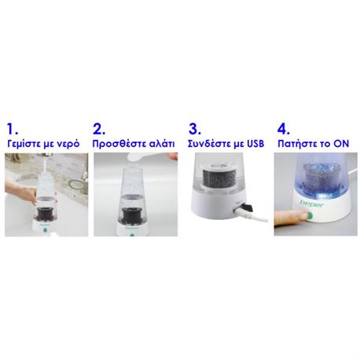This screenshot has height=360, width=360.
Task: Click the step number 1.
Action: click(12, 129)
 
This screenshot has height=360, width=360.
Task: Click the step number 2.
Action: click(99, 129)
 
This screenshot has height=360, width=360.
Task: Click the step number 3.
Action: click(195, 129)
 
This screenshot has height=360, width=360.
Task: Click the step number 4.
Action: click(284, 129)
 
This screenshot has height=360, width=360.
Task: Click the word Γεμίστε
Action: click(24, 144)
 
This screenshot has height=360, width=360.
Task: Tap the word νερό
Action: click(69, 145)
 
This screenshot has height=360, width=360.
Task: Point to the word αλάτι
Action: click(162, 144)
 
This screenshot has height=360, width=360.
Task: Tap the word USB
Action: click(255, 144)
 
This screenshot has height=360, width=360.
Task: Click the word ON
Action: click(341, 144)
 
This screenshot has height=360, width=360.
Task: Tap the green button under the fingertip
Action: click(310, 215)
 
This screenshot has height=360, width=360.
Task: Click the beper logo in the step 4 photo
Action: click(312, 204)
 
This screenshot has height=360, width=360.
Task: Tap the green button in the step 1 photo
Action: click(45, 230)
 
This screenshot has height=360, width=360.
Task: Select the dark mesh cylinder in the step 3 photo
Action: click(216, 176)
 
